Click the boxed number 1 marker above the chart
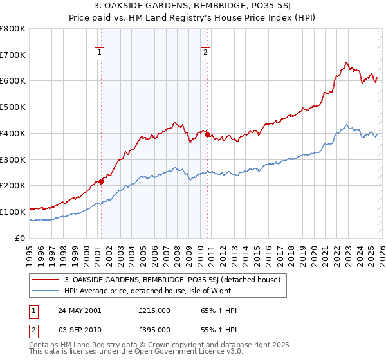[x=100, y=53]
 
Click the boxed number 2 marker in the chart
[x=205, y=53]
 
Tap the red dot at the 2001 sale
[x=101, y=181]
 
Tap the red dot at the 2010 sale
[x=207, y=134]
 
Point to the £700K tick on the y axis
[x=14, y=55]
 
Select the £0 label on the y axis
[x=21, y=238]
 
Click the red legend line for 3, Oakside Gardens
[x=45, y=280]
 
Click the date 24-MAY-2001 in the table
[x=79, y=310]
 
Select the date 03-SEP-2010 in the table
[x=79, y=328]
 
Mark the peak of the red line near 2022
[x=346, y=62]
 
